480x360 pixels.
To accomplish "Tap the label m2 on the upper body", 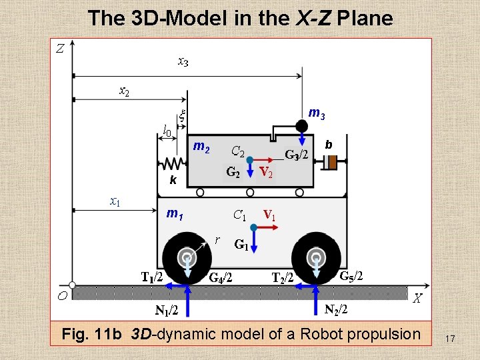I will point(201,147).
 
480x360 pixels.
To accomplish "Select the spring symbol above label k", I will point(171,163).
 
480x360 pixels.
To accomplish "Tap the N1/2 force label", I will point(166,310).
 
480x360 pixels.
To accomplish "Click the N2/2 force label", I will point(336,309).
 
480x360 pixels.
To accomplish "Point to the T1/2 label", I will point(152,276).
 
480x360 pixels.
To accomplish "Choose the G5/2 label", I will point(351,275).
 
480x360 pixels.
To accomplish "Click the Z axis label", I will point(60,48).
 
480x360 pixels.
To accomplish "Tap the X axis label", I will point(417,299).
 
